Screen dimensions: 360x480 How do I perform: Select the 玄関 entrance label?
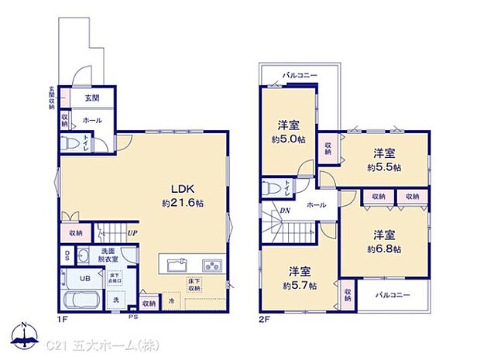(91, 98)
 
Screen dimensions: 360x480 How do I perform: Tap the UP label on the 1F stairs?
(133, 231)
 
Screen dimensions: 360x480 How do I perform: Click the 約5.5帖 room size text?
(385, 166)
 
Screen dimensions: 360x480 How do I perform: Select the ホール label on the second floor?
(317, 205)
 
